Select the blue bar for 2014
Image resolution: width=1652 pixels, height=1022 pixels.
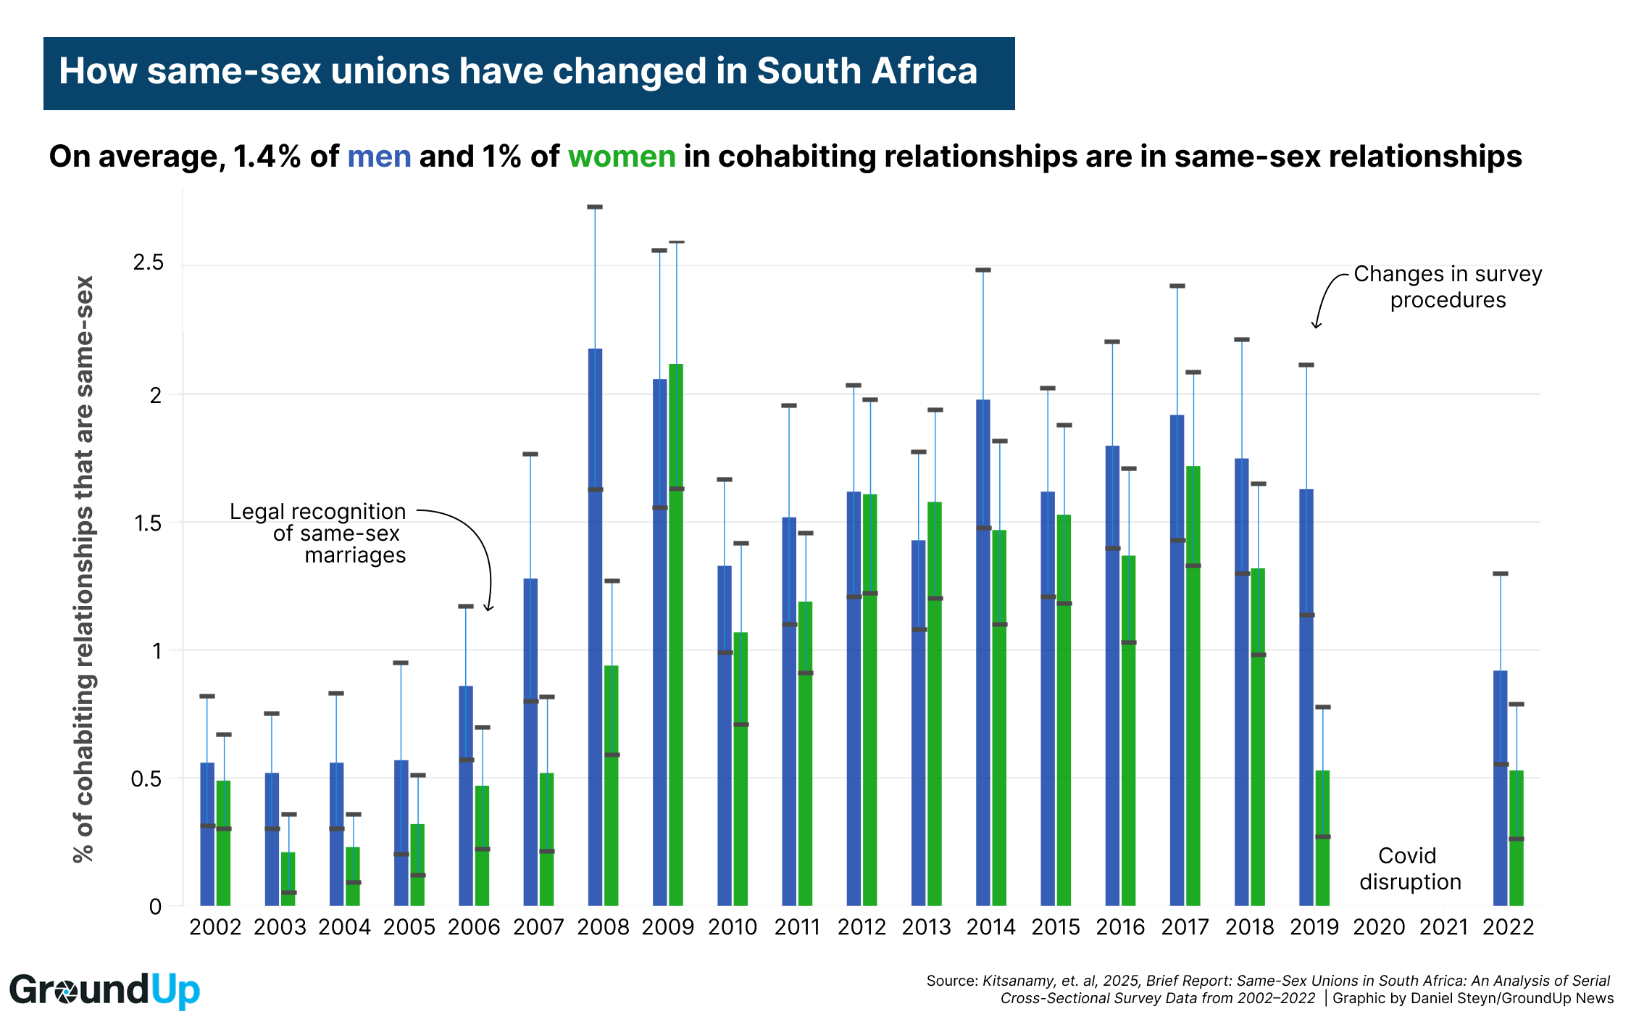[x=983, y=652]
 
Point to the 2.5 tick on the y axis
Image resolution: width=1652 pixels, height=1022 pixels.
[x=149, y=263]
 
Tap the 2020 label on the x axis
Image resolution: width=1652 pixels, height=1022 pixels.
[x=1379, y=927]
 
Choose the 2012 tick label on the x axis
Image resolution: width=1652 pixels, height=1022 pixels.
[x=862, y=927]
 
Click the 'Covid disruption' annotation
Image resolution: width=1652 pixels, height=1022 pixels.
[x=1409, y=868]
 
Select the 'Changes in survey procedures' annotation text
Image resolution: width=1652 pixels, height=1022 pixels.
[x=1447, y=287]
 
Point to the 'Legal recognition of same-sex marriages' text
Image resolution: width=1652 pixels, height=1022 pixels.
[x=319, y=533]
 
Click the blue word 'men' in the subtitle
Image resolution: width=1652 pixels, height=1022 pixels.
[x=379, y=157]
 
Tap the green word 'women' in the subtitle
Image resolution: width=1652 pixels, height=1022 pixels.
[x=622, y=157]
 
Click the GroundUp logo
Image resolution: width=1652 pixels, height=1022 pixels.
[x=104, y=990]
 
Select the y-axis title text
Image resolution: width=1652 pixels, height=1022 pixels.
[x=84, y=569]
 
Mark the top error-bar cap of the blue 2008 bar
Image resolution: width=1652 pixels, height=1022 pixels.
[x=595, y=207]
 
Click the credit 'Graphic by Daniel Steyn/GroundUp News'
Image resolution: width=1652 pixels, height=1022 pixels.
[x=1473, y=998]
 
